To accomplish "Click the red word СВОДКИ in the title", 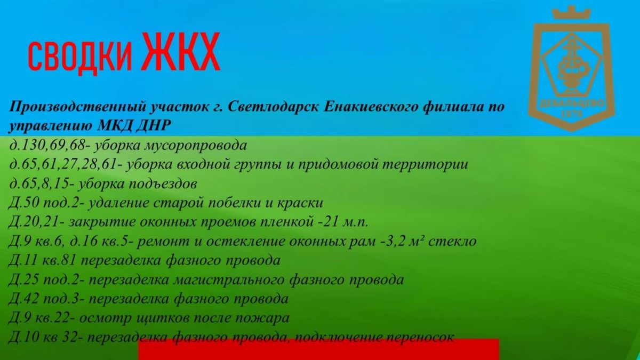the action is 80,56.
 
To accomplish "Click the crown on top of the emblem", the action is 571,13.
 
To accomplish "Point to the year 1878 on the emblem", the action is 571,114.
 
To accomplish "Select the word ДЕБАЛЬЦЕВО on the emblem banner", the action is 572,104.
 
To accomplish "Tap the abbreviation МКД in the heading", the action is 114,125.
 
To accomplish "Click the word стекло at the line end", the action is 452,242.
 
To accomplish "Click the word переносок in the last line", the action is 419,338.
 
